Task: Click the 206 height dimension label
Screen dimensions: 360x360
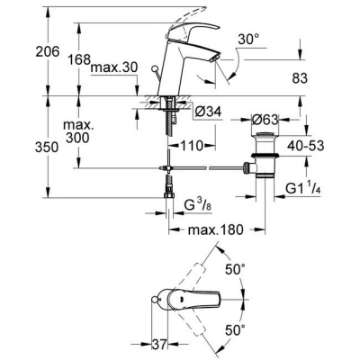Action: tap(48, 51)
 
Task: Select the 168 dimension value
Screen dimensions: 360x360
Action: tap(79, 59)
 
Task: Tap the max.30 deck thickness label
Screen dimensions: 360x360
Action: tap(114, 67)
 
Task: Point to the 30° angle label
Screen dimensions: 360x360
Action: tap(248, 40)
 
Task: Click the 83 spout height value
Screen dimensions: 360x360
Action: tap(299, 78)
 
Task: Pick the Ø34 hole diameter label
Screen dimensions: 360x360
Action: tap(208, 112)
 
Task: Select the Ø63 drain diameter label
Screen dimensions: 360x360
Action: tap(265, 120)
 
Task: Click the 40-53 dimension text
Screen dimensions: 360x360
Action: tap(306, 146)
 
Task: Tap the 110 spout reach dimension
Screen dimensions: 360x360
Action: tap(192, 146)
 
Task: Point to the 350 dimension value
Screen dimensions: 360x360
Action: tap(47, 148)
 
